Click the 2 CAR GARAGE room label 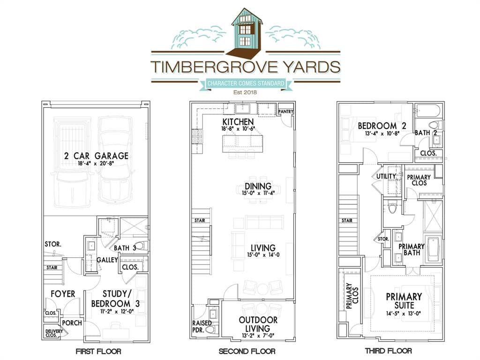point(96,156)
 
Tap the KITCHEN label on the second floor point(238,121)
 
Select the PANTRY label point(285,112)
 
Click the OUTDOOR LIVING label point(258,324)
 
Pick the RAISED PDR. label point(202,326)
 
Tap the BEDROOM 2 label point(382,126)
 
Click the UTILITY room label point(386,176)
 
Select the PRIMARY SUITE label point(404,301)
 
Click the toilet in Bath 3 point(142,246)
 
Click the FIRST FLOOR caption point(98,351)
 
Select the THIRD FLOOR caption point(388,351)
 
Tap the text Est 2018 point(245,92)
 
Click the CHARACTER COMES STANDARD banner point(246,83)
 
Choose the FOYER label point(63,294)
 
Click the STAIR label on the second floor point(200,220)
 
